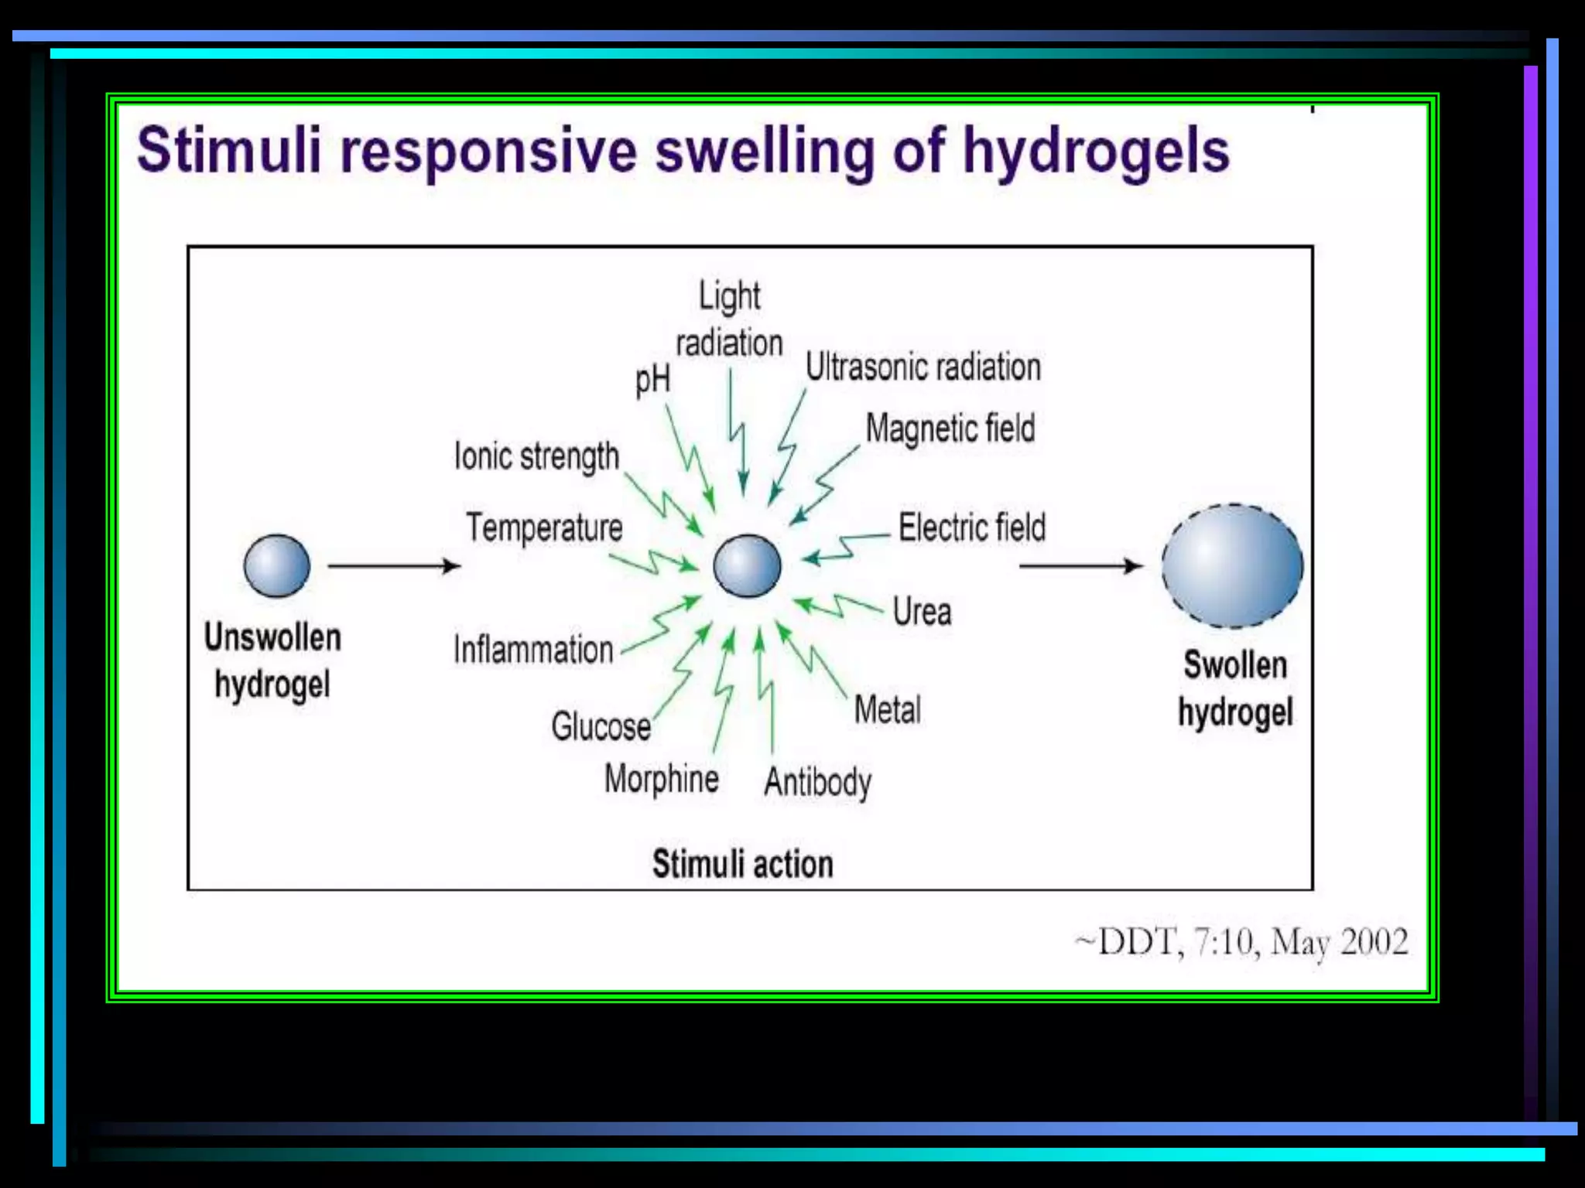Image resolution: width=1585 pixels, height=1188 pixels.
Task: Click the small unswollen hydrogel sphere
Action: [276, 566]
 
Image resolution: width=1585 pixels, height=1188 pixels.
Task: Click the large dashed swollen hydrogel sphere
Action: [1232, 565]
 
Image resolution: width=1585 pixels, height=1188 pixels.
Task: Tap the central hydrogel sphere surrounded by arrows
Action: [747, 566]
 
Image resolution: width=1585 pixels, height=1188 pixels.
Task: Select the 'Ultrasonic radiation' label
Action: [923, 367]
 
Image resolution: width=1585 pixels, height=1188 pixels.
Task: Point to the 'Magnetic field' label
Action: [950, 428]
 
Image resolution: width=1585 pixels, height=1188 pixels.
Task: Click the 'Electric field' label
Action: [972, 528]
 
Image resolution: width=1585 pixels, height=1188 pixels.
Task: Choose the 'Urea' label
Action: [922, 612]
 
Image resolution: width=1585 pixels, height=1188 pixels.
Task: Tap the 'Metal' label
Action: [888, 710]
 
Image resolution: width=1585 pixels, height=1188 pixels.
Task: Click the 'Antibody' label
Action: [818, 783]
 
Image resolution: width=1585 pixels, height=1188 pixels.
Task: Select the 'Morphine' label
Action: [662, 779]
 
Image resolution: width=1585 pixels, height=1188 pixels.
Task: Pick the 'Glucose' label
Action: [601, 727]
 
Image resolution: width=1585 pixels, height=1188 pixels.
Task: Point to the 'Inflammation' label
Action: [533, 650]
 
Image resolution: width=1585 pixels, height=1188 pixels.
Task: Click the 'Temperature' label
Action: [544, 528]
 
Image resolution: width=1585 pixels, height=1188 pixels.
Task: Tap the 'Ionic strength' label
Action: [536, 456]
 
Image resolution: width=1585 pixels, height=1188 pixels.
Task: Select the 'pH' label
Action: [652, 380]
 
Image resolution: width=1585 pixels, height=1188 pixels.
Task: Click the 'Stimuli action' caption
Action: [742, 864]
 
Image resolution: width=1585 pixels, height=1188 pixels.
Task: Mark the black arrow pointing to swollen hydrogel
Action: [1080, 566]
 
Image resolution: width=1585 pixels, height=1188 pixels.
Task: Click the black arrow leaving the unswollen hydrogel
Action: [394, 566]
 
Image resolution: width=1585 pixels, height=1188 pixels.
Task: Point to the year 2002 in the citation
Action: [1374, 942]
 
